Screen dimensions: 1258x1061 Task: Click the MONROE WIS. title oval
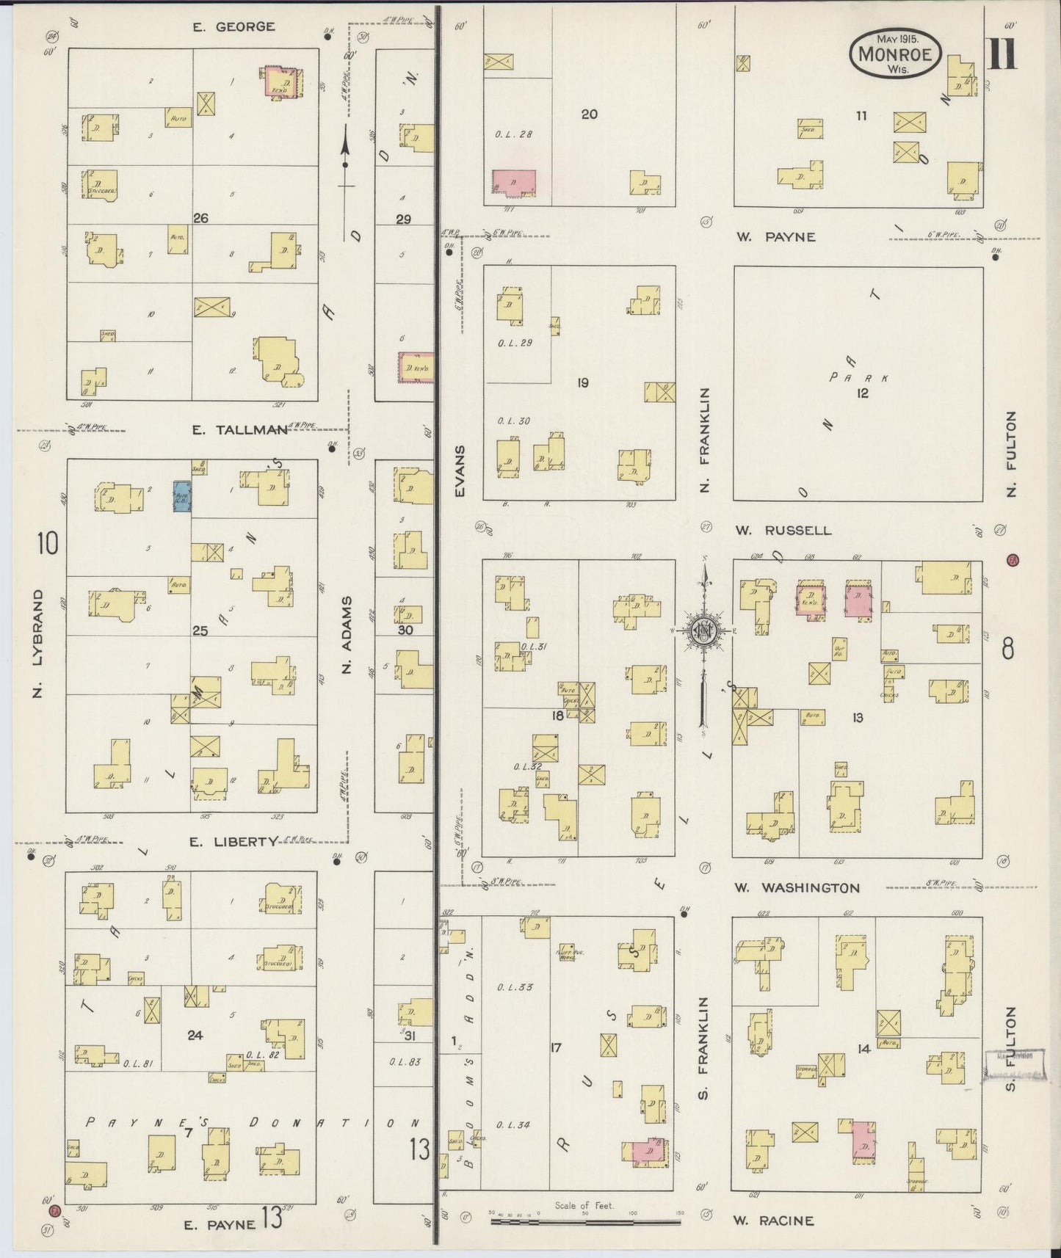pos(894,53)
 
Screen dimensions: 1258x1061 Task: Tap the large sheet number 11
pos(1002,53)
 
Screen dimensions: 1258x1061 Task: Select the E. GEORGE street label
pos(234,27)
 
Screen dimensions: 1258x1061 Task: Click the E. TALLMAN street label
pos(239,431)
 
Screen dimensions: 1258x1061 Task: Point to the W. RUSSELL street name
pos(784,531)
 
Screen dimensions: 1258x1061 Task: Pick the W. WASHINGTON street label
pos(797,888)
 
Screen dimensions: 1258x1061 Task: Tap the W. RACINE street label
pos(774,1221)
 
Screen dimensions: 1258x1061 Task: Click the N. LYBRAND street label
pos(38,643)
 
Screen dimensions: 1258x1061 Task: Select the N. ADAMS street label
pos(347,635)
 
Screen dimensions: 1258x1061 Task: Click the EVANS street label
pos(460,470)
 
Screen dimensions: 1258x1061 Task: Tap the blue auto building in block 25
pos(181,495)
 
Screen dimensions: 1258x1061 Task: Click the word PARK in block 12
pos(858,378)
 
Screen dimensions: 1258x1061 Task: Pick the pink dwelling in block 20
pos(513,182)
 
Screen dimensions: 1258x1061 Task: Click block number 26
pos(200,218)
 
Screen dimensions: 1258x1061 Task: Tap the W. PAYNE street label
pos(775,237)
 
